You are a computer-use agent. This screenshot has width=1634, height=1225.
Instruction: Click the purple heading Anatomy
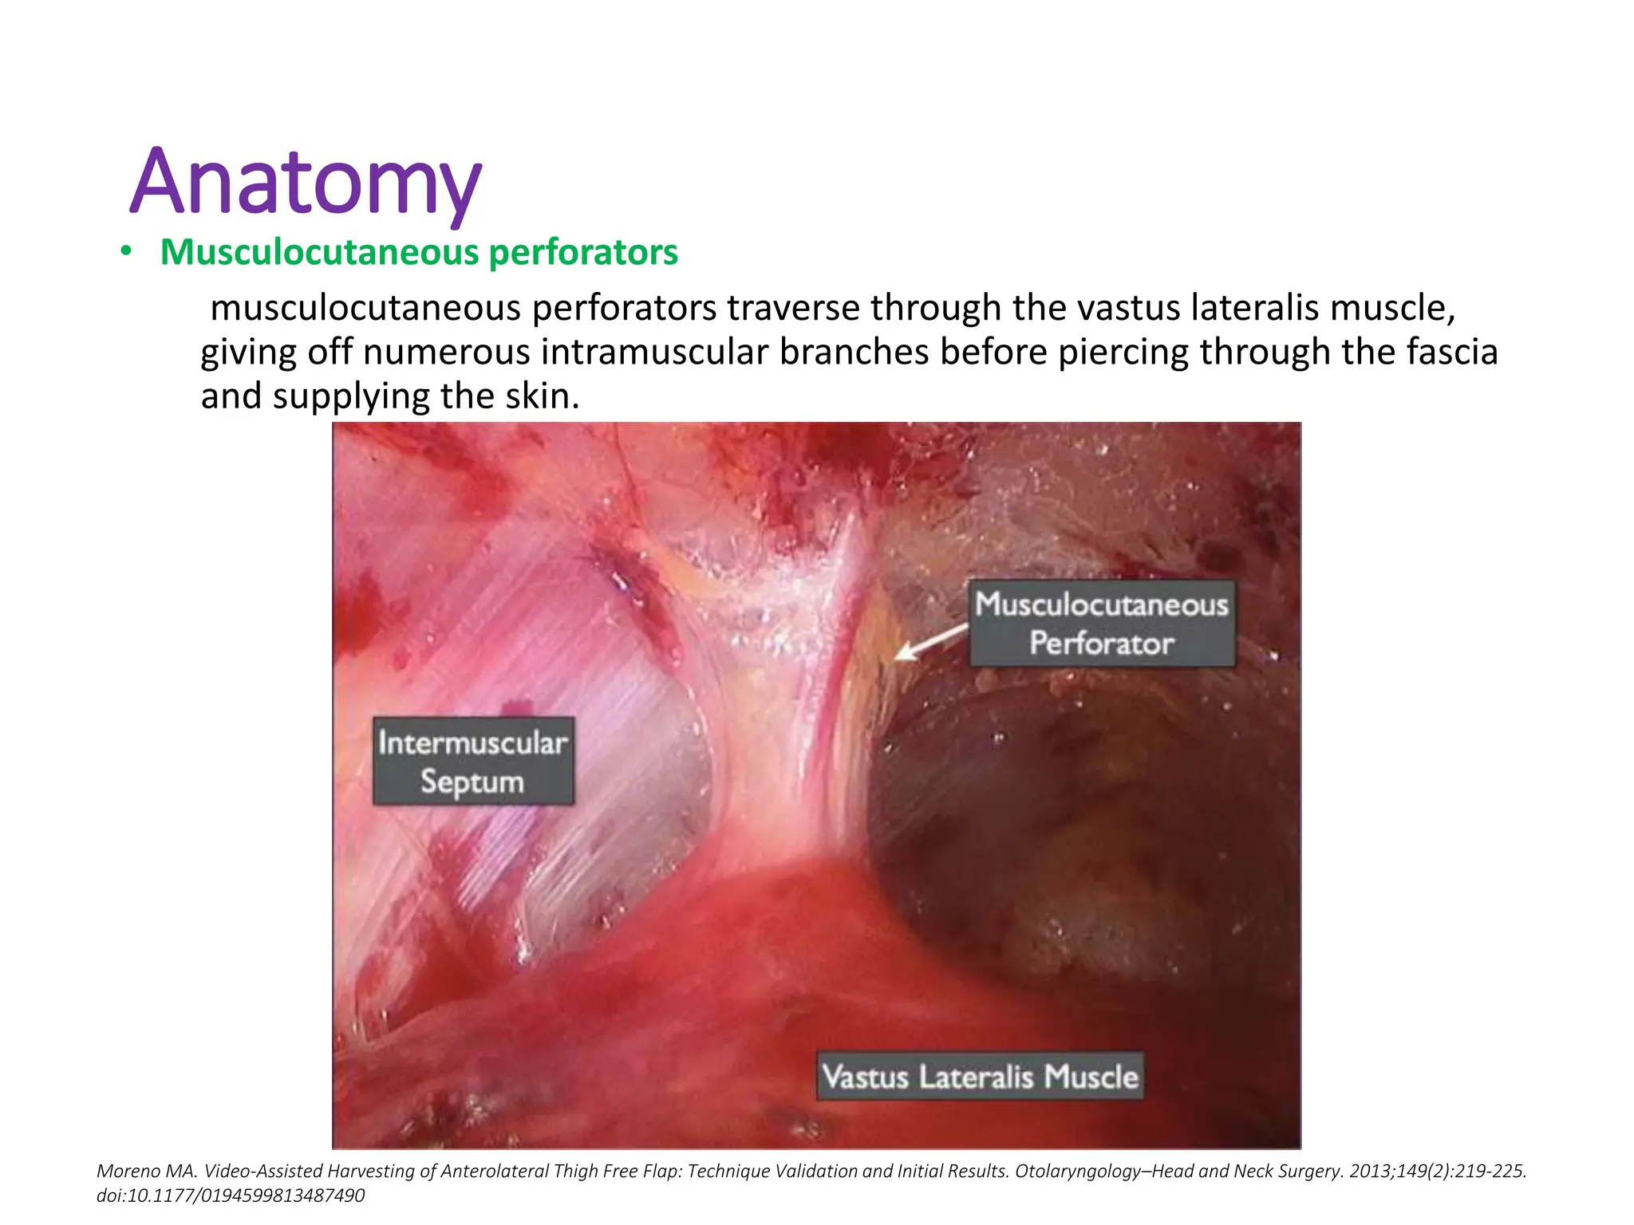[306, 183]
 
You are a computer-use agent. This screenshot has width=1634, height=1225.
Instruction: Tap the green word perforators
[583, 253]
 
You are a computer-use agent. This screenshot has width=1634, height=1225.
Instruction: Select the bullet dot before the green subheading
[125, 253]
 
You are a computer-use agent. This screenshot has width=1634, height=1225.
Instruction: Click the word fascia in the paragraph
[1451, 353]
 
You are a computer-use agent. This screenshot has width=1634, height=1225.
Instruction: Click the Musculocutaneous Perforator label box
[1102, 624]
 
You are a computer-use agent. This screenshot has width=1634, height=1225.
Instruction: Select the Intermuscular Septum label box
[473, 761]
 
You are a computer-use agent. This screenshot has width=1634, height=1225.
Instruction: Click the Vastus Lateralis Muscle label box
[980, 1077]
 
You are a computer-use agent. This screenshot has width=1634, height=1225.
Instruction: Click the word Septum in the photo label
[472, 782]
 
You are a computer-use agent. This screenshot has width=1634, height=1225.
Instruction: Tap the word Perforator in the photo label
[1102, 644]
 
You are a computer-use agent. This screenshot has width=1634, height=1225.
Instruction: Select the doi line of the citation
[231, 1195]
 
